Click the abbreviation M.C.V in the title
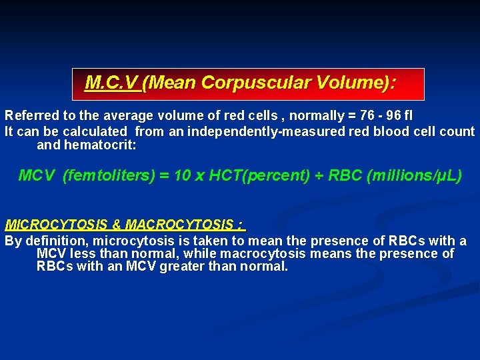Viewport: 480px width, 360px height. pos(111,83)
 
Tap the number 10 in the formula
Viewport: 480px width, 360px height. pos(181,176)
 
